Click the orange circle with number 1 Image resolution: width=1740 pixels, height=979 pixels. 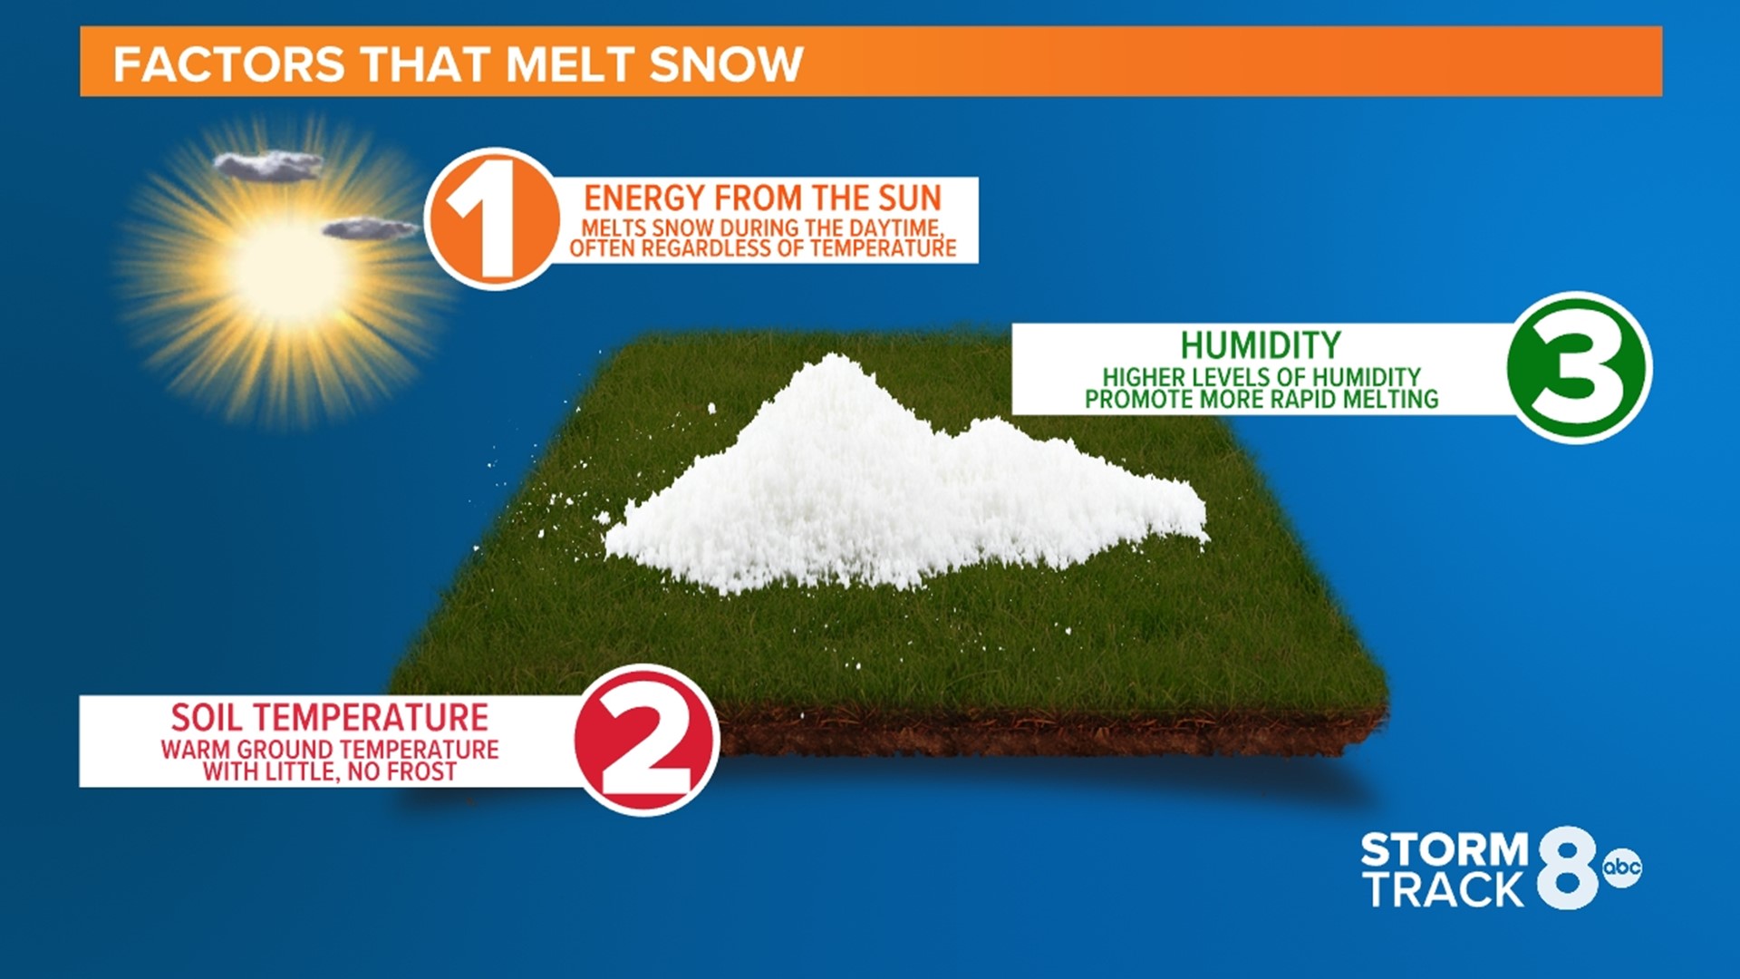click(494, 219)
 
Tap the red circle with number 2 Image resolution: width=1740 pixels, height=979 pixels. click(646, 741)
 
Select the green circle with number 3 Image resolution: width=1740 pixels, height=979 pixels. click(1578, 367)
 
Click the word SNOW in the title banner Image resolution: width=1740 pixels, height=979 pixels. click(726, 64)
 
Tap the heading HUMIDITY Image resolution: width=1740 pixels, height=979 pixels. click(1260, 345)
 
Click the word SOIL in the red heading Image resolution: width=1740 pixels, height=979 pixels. click(208, 718)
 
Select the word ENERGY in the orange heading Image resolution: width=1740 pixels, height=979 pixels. click(643, 198)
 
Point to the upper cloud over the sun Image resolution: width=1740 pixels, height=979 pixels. click(268, 165)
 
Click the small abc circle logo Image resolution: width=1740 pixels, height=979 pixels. click(1621, 868)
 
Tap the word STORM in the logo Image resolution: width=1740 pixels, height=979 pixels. click(1445, 850)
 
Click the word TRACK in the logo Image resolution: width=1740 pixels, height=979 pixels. click(1446, 890)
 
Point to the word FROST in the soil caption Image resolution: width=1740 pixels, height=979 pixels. click(421, 772)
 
